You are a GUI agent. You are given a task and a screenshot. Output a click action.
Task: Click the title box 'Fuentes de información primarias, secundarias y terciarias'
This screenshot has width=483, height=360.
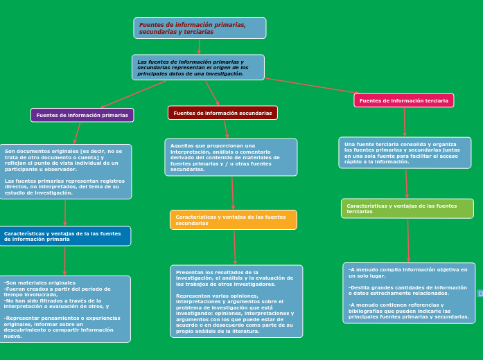(200, 28)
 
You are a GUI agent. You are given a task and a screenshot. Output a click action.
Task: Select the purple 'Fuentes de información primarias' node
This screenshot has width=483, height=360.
(82, 115)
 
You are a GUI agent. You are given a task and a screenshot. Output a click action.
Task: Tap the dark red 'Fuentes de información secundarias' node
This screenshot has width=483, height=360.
(222, 113)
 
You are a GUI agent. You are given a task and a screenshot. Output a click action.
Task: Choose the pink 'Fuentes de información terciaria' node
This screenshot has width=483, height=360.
(403, 100)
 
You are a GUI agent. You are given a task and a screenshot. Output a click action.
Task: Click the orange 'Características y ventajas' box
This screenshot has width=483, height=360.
(233, 220)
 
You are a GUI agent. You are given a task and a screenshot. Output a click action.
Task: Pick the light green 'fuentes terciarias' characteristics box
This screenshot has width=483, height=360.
(407, 208)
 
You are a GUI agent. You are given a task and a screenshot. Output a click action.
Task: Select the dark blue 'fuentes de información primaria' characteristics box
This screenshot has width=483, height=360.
(64, 236)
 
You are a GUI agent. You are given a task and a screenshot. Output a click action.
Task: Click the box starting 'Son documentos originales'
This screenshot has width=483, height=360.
(65, 172)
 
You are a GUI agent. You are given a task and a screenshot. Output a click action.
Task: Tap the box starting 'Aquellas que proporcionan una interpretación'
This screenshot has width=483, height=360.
(231, 157)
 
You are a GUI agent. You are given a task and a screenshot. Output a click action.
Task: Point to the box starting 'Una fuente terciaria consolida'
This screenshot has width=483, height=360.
(405, 152)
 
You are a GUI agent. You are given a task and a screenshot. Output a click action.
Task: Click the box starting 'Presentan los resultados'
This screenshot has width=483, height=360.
(236, 301)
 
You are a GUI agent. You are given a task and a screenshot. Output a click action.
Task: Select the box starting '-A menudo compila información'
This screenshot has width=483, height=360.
(408, 293)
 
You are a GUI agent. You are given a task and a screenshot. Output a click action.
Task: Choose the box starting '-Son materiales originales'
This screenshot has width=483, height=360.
(64, 309)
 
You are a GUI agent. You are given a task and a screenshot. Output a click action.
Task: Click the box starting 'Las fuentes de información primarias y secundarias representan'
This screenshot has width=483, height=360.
(198, 68)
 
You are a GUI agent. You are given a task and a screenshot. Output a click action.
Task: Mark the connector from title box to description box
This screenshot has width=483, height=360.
(199, 46)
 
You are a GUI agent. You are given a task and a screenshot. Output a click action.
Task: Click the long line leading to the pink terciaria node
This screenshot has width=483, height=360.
(312, 86)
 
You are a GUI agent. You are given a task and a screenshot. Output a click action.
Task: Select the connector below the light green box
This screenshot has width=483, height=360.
(407, 240)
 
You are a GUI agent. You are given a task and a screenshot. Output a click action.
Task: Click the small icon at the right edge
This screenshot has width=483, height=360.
(480, 294)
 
